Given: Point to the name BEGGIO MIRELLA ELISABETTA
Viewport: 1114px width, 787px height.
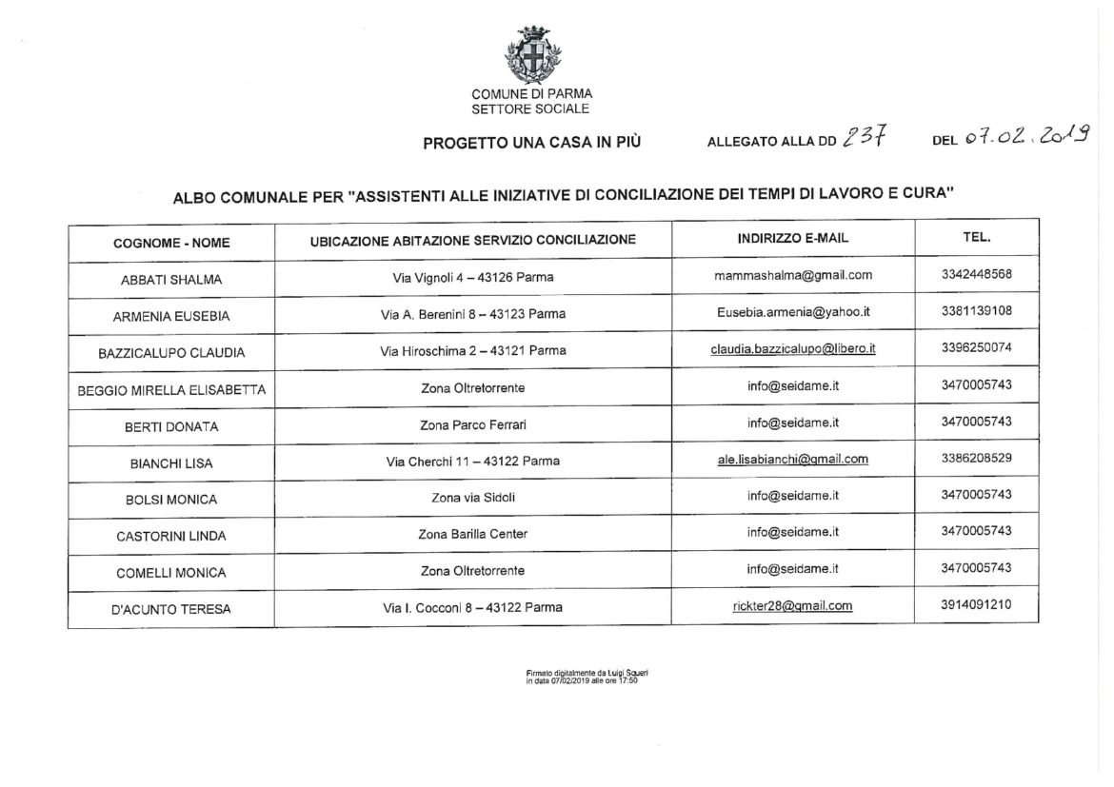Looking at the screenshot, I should coord(171,389).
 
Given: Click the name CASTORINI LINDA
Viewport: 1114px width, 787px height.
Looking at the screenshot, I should coord(171,536).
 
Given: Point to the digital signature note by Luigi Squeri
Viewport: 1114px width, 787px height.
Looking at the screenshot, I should coord(580,678).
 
